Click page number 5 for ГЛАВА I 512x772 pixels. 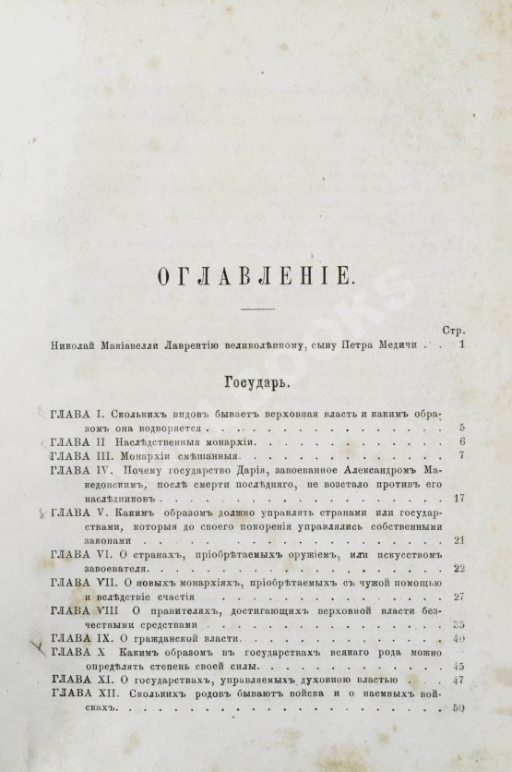click(x=460, y=428)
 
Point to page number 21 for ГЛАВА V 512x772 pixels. click(x=458, y=539)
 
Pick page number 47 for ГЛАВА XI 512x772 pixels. click(x=458, y=681)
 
